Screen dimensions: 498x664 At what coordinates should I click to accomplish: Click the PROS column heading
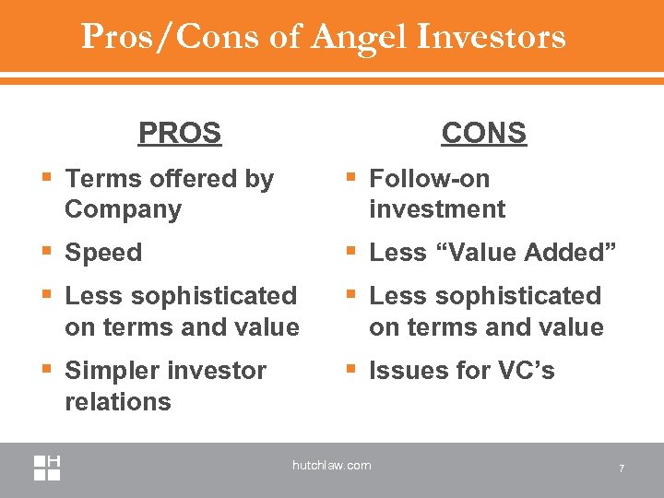[x=180, y=133]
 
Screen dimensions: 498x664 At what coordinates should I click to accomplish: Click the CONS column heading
[x=483, y=133]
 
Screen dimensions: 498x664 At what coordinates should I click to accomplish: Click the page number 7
[x=622, y=469]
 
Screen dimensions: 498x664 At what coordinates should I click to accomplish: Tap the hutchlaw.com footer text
[x=332, y=466]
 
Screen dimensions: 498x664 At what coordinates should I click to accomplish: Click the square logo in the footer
[x=47, y=468]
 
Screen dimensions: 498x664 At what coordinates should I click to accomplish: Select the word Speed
[x=103, y=253]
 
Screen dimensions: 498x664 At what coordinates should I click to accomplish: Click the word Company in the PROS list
[x=124, y=209]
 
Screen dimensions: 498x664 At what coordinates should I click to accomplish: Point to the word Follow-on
[x=430, y=178]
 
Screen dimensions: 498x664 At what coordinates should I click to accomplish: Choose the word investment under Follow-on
[x=437, y=209]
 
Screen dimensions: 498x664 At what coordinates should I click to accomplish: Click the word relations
[x=118, y=402]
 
